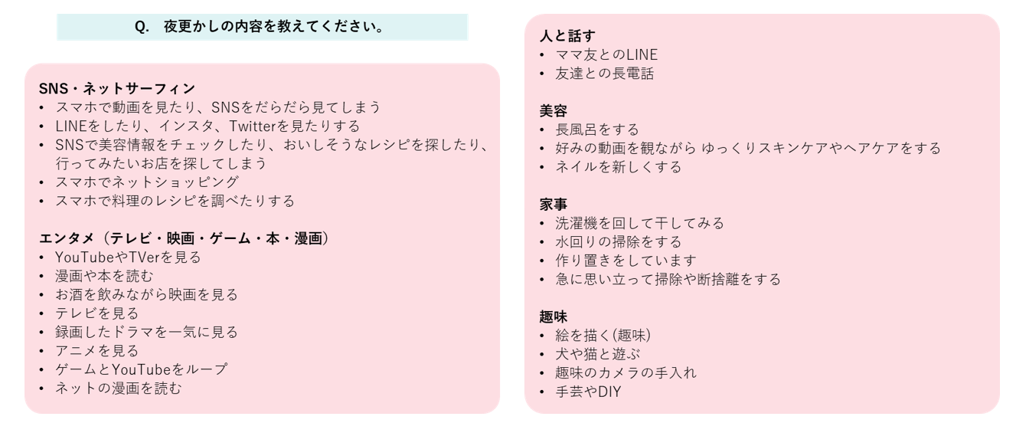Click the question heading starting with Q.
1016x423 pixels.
(x=260, y=27)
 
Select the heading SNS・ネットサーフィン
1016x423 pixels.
(x=116, y=89)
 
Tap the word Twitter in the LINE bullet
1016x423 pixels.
(x=276, y=126)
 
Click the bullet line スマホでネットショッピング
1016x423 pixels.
(x=147, y=182)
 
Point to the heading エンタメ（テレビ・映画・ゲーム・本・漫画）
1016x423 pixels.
(x=185, y=238)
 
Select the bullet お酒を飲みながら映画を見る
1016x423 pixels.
(x=146, y=295)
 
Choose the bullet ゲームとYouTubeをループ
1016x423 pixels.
(x=141, y=369)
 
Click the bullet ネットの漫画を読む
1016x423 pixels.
(x=119, y=389)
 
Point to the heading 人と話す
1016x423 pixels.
(x=567, y=36)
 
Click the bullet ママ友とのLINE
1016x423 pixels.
(x=606, y=55)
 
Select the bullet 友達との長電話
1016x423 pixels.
(x=604, y=74)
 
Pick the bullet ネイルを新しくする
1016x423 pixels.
(x=618, y=167)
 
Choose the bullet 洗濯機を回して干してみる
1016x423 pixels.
(x=639, y=224)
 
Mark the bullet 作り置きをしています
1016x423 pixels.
(x=626, y=261)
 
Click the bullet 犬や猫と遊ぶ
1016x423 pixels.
(x=598, y=354)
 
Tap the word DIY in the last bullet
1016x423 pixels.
(x=609, y=392)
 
